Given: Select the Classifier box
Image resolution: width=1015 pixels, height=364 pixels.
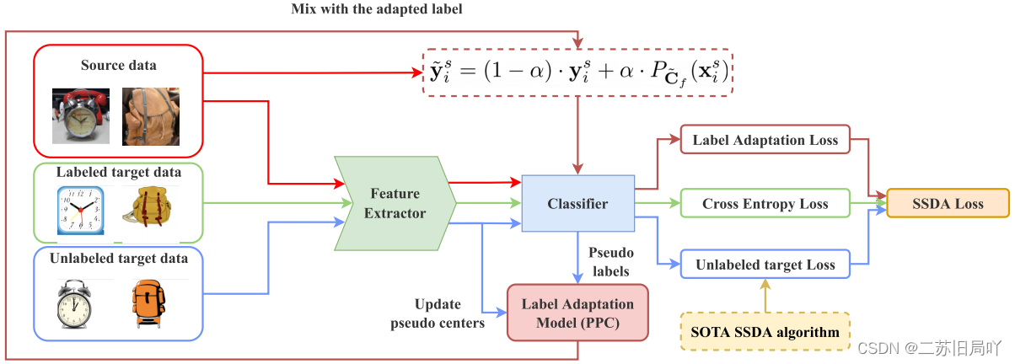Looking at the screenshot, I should [x=577, y=204].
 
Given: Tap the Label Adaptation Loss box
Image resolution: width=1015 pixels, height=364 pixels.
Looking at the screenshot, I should [x=765, y=140].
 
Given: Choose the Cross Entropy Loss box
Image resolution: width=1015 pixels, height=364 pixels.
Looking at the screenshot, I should [x=765, y=204].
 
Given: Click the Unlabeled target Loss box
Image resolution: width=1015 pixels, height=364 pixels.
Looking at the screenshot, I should [x=765, y=265].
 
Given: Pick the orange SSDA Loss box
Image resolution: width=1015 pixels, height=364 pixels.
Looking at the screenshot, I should [x=947, y=204].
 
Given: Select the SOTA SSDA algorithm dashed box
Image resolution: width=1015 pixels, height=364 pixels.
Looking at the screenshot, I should [x=765, y=332].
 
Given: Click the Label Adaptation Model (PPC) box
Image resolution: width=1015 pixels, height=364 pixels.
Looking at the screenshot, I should [x=577, y=312].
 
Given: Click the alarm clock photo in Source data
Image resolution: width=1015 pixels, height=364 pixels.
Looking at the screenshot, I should [x=78, y=114].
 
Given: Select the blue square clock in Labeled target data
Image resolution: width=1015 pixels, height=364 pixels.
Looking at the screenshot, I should [x=82, y=211].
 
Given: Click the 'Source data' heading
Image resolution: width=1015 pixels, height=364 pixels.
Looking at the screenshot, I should [x=119, y=65].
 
